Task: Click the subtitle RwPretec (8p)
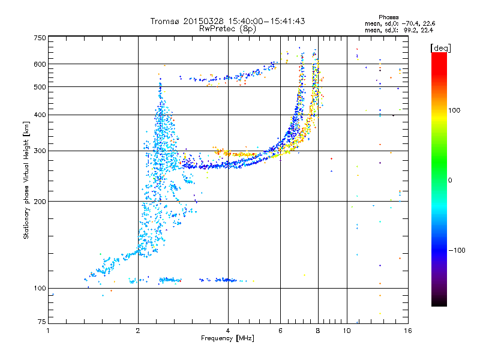[227, 29]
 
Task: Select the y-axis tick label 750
[40, 38]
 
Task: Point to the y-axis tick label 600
[40, 64]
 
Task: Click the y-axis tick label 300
[40, 151]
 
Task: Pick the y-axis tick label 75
[42, 322]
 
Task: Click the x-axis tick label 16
[408, 331]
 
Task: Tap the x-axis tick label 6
[280, 331]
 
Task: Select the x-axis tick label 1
[48, 331]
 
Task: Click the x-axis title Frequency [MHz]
[227, 338]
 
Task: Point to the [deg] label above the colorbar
[440, 48]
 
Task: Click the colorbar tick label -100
[457, 250]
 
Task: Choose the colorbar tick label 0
[450, 181]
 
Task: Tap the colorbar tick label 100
[454, 110]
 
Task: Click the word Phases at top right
[388, 17]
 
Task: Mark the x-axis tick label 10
[347, 331]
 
